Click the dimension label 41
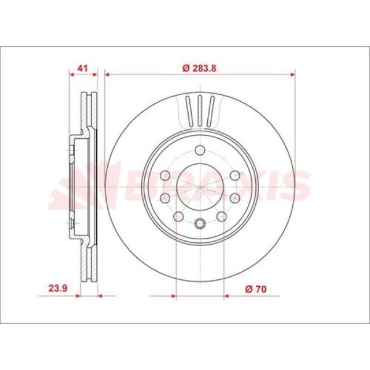pyautogui.click(x=83, y=68)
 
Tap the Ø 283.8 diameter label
pyautogui.click(x=199, y=68)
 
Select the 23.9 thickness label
pyautogui.click(x=58, y=289)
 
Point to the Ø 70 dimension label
pyautogui.click(x=256, y=289)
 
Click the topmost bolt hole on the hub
pyautogui.click(x=200, y=150)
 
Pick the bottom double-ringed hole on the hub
pyautogui.click(x=200, y=223)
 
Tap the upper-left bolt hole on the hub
pyautogui.click(x=165, y=176)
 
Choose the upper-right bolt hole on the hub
pyautogui.click(x=235, y=176)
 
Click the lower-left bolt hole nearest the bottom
pyautogui.click(x=178, y=216)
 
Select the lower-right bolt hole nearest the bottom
pyautogui.click(x=221, y=216)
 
